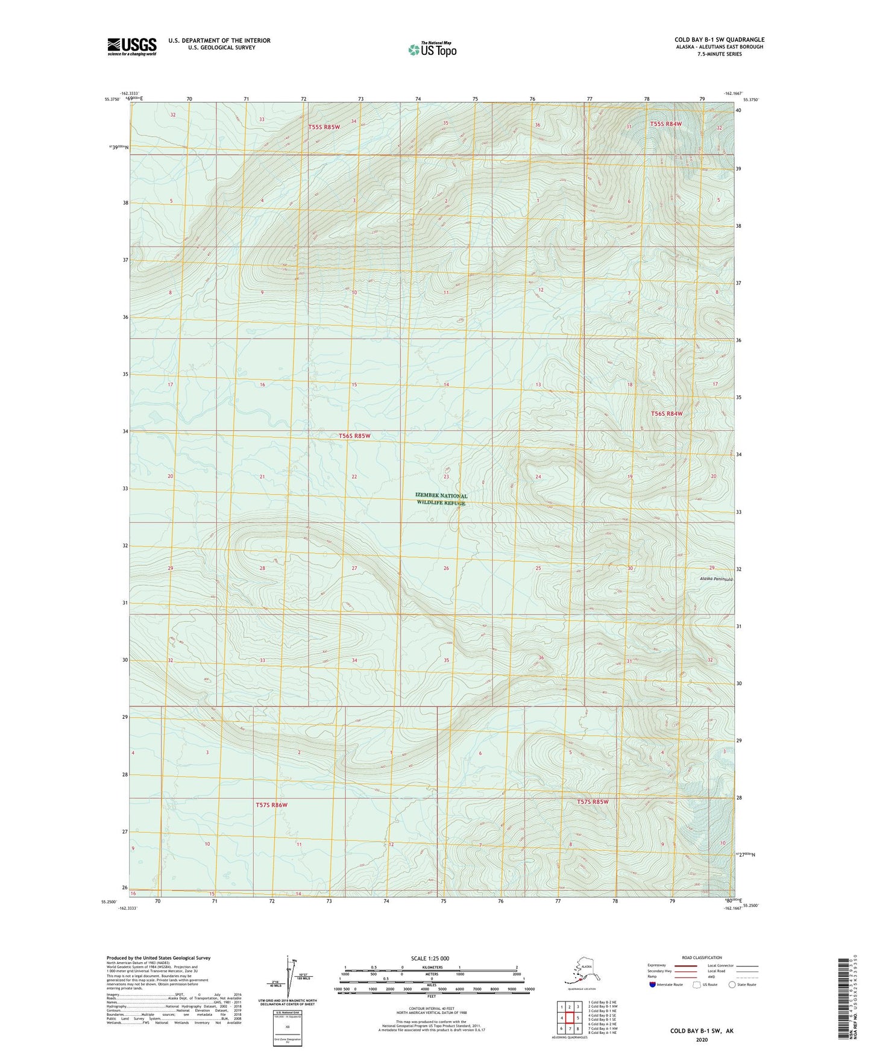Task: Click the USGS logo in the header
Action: click(x=132, y=46)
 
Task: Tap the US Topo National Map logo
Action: click(x=432, y=49)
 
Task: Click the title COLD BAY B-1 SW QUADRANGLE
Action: click(x=719, y=40)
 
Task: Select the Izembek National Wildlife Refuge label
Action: click(x=441, y=499)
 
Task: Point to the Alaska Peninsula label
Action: click(x=716, y=578)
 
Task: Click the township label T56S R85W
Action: click(x=354, y=435)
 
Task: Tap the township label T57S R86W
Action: click(x=271, y=804)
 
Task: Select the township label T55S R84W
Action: click(x=666, y=124)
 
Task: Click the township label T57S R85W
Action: click(x=593, y=801)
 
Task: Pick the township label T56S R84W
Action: click(x=667, y=413)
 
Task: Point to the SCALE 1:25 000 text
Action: click(x=431, y=958)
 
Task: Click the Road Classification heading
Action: click(x=702, y=957)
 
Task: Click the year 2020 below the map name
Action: click(x=702, y=1039)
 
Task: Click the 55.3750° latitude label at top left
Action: click(x=111, y=100)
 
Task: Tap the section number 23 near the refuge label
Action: click(x=446, y=477)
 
